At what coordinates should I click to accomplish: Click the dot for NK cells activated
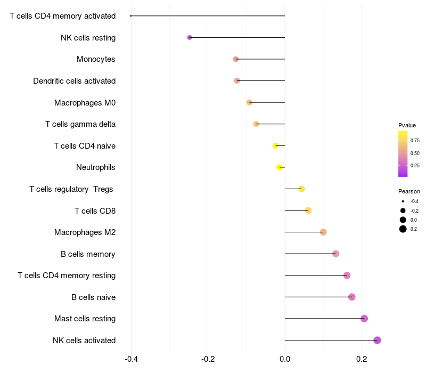coord(377,340)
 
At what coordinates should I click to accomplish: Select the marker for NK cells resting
coord(190,37)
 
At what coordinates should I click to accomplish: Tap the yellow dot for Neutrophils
coord(280,167)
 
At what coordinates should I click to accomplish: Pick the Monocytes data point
coord(236,59)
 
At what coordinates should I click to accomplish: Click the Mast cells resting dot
coord(364,319)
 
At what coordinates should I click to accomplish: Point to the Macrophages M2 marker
coord(323,232)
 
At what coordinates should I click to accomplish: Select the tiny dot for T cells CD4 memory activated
coord(130,16)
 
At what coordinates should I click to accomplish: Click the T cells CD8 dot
coord(308,210)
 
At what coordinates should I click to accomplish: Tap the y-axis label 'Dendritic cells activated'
coord(74,81)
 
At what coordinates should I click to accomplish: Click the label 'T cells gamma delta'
coord(80,124)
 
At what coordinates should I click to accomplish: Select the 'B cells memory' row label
coord(88,254)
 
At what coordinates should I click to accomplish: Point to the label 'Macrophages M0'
coord(85,102)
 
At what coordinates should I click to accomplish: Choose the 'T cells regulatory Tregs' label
coord(72,189)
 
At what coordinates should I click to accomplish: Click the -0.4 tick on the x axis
coord(131,359)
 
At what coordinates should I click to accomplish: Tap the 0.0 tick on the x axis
coord(285,359)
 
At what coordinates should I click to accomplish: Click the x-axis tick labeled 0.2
coord(362,359)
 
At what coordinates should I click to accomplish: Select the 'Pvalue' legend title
coord(407,125)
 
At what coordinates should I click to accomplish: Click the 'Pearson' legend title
coord(409,191)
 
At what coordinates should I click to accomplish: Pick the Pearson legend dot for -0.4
coord(403,201)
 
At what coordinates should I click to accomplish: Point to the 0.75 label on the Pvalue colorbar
coord(415,141)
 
